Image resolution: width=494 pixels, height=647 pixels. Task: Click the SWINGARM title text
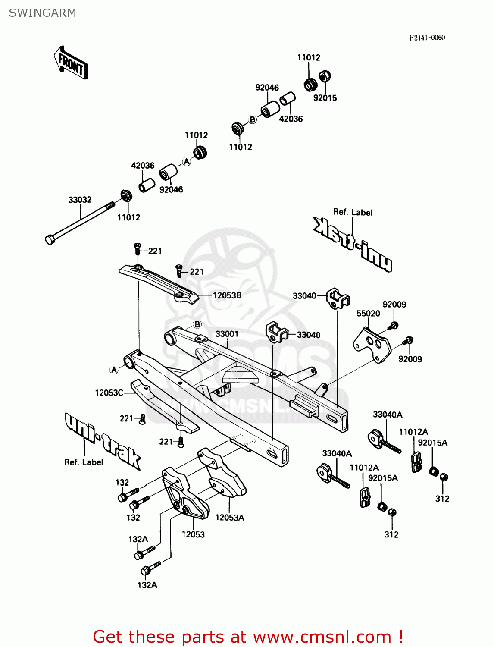42,13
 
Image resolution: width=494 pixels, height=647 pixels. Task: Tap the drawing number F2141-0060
427,38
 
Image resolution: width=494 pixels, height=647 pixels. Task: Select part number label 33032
80,200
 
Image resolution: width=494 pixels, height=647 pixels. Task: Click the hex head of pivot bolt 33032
50,239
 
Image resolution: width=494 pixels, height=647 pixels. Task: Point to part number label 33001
227,334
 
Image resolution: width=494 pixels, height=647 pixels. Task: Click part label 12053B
227,295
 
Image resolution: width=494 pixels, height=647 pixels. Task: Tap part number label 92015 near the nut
325,98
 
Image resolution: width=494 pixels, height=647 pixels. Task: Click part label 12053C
109,393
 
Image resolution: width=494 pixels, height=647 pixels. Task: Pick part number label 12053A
230,518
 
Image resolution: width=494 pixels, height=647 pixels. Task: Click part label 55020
368,314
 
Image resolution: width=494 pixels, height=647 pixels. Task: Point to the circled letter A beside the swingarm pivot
114,370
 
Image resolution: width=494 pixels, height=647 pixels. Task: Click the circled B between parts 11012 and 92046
252,120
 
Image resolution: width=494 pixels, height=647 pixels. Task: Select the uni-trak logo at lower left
103,440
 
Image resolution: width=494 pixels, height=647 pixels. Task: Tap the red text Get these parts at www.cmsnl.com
248,637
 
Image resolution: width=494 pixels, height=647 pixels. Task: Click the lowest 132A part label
147,585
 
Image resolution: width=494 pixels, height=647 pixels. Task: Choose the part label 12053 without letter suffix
193,534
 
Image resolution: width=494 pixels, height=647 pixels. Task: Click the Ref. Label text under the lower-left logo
84,462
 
